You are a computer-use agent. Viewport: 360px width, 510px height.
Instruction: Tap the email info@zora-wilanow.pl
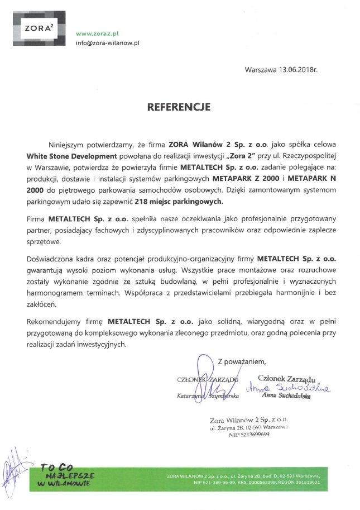(x=107, y=42)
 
